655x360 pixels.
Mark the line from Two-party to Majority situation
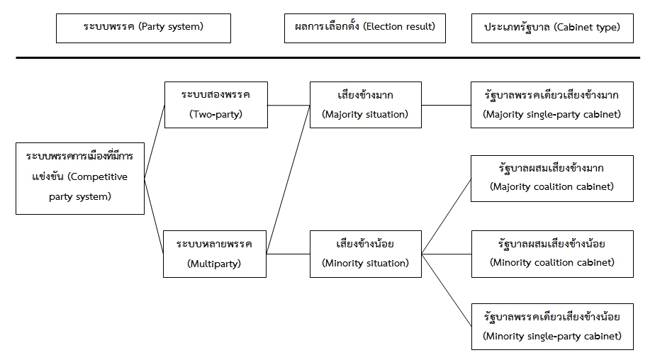pyautogui.click(x=289, y=106)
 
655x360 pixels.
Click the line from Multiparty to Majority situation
pyautogui.click(x=289, y=179)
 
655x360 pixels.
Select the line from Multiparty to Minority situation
pyautogui.click(x=289, y=254)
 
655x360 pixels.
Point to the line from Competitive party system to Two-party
pyautogui.click(x=155, y=142)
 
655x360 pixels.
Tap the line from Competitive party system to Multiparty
pyautogui.click(x=154, y=216)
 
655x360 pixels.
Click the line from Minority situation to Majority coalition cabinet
pyautogui.click(x=447, y=216)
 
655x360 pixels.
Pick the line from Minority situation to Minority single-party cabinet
pyautogui.click(x=447, y=291)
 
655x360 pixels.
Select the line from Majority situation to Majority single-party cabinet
pyautogui.click(x=446, y=106)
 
